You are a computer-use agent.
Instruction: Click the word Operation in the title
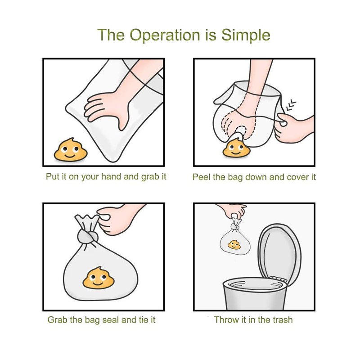pos(165,35)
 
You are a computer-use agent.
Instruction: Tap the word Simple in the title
pos(246,35)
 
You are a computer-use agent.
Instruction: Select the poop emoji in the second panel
pos(236,148)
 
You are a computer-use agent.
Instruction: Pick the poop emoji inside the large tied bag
pos(98,278)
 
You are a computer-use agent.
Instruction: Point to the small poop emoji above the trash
pos(234,245)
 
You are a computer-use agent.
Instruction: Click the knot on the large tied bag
pos(87,237)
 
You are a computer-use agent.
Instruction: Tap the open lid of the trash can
pos(279,254)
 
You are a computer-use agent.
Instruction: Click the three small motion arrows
pos(291,105)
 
